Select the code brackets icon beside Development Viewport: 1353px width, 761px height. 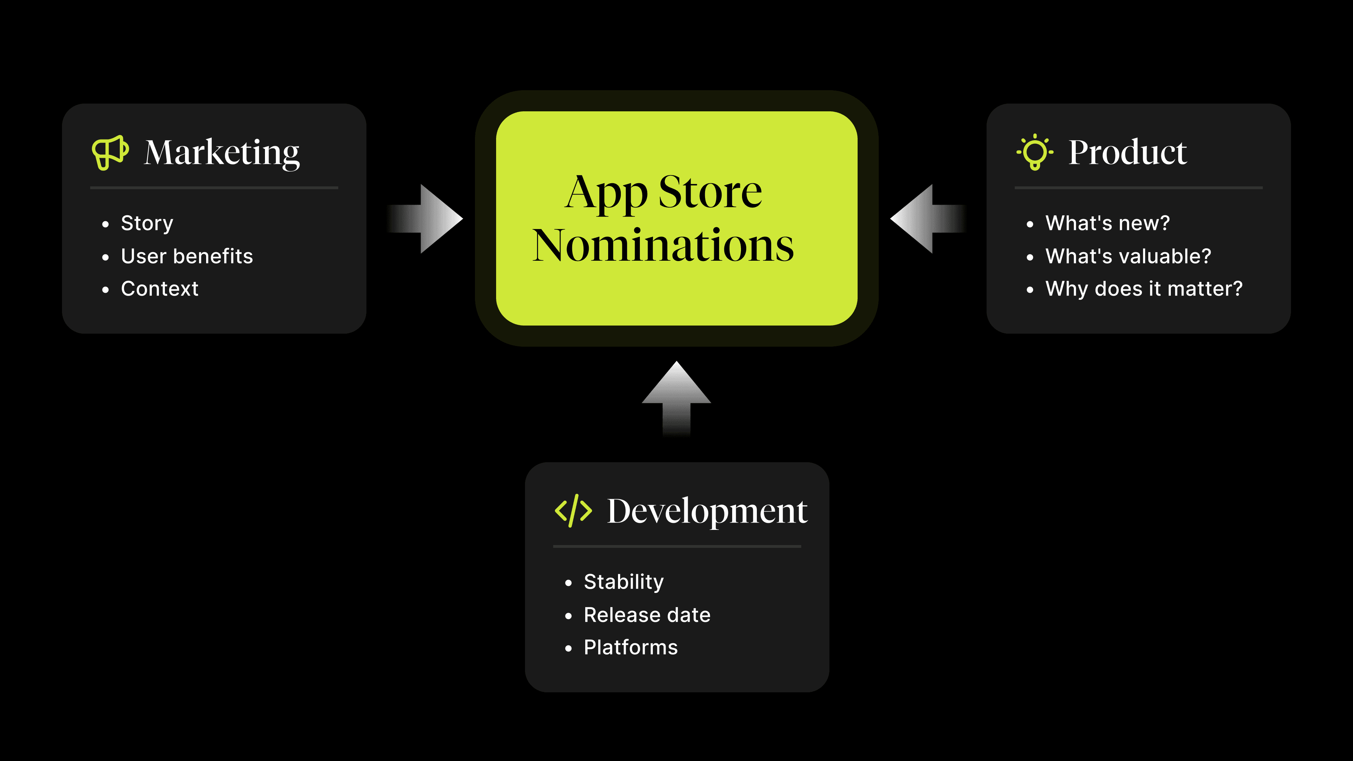573,511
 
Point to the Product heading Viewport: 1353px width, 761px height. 1127,152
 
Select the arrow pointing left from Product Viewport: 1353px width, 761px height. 928,218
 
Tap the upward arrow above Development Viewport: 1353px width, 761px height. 676,399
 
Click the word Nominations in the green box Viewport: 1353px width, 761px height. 663,245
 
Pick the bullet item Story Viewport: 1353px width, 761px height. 147,224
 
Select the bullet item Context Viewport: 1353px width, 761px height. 160,289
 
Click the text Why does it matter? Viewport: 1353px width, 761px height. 1144,289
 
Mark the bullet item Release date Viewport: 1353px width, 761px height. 647,615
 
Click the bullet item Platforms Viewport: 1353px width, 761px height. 631,648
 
